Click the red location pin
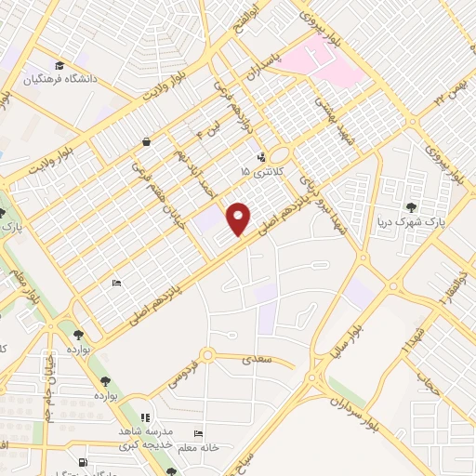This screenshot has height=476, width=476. (240, 218)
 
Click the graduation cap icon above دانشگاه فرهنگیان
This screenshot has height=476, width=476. (60, 65)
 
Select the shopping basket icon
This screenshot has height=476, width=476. (147, 141)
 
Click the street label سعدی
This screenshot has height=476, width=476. (257, 357)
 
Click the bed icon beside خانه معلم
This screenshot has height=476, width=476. (197, 434)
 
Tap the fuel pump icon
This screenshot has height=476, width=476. (83, 462)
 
